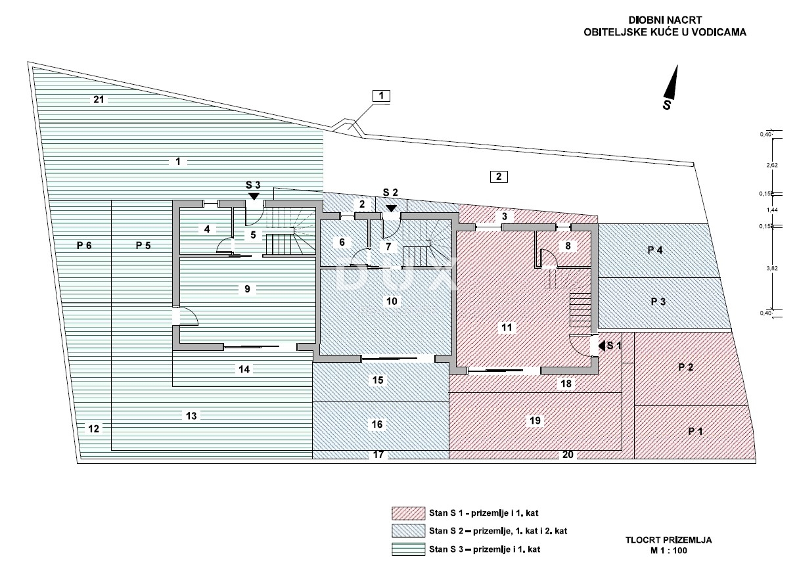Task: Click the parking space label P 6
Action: point(83,245)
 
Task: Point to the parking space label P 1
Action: point(695,432)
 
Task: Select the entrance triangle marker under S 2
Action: point(391,208)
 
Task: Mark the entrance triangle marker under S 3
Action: point(254,195)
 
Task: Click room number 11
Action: point(506,327)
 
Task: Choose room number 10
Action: point(392,301)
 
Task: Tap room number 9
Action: point(247,288)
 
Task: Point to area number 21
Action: point(99,100)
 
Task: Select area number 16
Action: point(377,424)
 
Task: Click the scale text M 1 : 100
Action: point(668,551)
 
